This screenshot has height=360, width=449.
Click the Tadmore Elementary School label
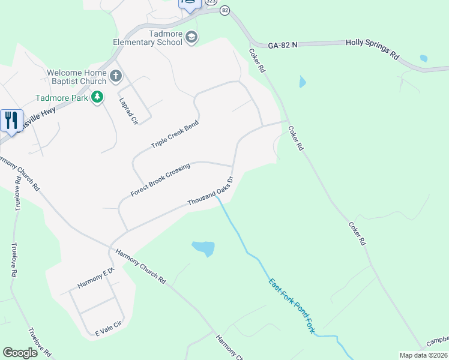coord(148,38)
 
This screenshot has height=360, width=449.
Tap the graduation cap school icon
coord(191,38)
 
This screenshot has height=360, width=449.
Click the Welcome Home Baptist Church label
coord(76,77)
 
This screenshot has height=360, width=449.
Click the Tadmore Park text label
coord(61,97)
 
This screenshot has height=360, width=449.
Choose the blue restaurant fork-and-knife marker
coord(11,121)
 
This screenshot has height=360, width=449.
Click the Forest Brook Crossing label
coord(160,179)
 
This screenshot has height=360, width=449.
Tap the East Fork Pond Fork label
coord(292,306)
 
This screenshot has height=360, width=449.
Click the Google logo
coord(20,352)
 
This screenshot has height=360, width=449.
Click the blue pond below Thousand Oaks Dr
coord(203,247)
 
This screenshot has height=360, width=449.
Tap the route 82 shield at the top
coord(224,10)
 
